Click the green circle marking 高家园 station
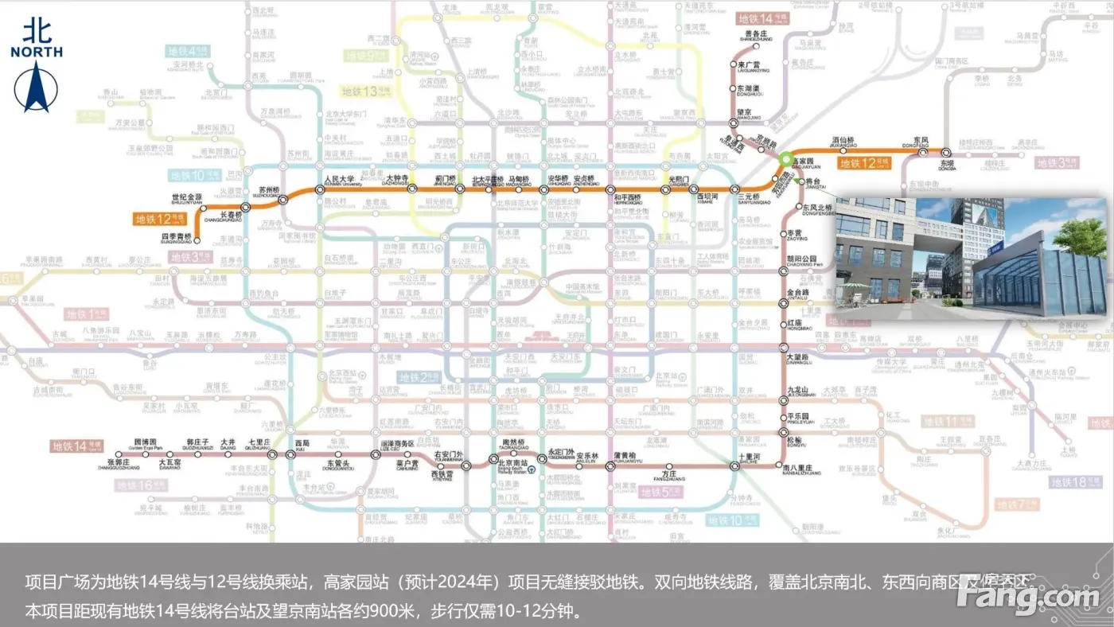tap(786, 158)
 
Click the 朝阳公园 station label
tap(802, 259)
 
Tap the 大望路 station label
tap(797, 357)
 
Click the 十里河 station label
tap(750, 456)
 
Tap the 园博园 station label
tap(146, 441)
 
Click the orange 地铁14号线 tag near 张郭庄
tap(77, 446)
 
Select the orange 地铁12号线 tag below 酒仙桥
tap(863, 163)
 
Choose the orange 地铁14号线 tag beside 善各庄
tap(762, 18)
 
